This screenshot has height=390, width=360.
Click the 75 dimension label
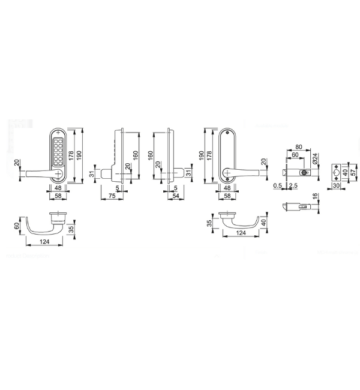[112, 196]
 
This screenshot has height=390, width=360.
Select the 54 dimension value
[176, 196]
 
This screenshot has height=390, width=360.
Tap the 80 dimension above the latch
[299, 147]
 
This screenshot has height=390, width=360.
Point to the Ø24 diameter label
[315, 158]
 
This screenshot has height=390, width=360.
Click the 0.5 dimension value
[277, 185]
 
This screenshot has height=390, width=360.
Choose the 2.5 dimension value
[293, 185]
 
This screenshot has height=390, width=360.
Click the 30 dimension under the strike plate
[336, 185]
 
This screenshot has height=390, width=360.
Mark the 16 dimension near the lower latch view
[315, 196]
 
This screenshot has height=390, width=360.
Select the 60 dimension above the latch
[295, 155]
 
